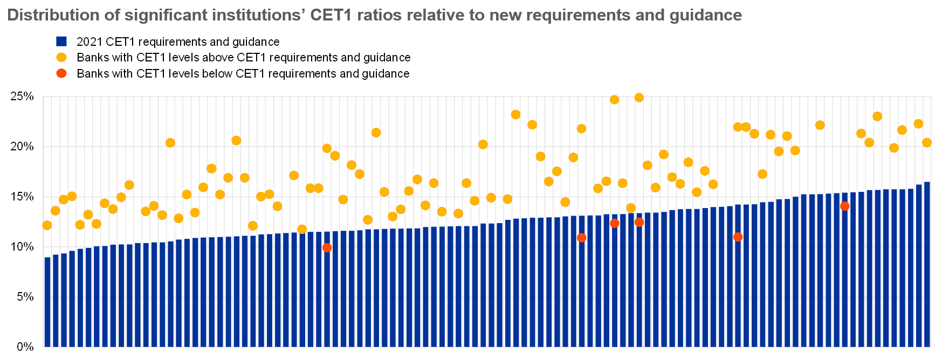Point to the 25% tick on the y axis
22,97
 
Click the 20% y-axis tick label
22,147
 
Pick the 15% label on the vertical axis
22,197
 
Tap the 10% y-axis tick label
22,247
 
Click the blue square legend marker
61,41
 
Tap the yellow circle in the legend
61,57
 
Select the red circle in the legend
61,73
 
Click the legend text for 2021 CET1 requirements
178,42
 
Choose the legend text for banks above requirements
244,58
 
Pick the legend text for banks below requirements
243,74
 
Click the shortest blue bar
47,302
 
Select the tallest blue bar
927,264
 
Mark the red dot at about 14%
844,206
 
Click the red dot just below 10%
327,248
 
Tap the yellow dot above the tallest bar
927,143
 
